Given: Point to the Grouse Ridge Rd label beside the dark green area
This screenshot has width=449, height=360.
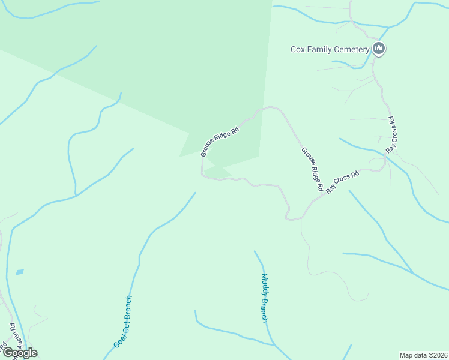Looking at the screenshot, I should point(220,141).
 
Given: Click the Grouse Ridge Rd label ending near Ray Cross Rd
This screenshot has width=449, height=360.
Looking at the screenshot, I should point(312,169).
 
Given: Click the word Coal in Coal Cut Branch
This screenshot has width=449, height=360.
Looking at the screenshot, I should point(119,340).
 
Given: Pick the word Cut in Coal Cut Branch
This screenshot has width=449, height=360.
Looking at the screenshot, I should point(123,325).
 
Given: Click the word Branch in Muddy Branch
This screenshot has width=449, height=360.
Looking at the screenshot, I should point(264,310).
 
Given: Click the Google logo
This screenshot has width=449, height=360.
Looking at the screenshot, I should point(19,353).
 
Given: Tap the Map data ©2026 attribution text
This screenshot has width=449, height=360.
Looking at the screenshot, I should point(424,355).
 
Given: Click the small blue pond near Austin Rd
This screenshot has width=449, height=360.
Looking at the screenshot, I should point(20,272).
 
